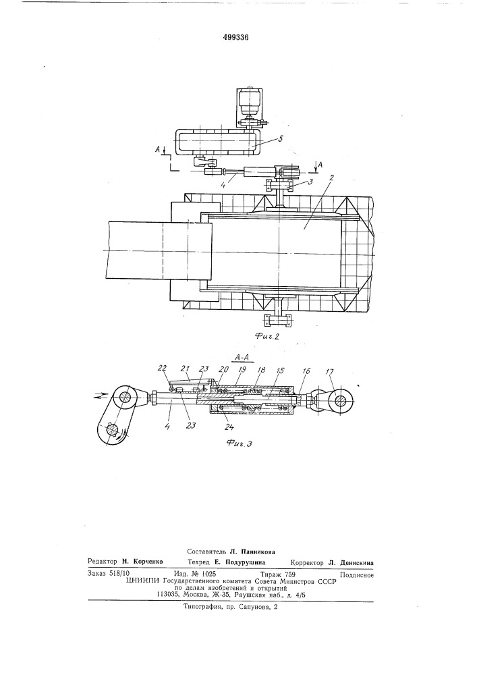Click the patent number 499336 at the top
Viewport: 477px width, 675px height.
tap(235, 37)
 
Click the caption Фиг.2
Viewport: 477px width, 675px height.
tap(266, 337)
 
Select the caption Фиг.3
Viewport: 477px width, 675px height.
tap(239, 443)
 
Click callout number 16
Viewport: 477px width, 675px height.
tap(306, 371)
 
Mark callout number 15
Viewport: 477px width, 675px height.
tap(281, 370)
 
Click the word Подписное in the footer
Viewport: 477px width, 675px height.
tap(356, 574)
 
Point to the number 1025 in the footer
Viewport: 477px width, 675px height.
tap(208, 574)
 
